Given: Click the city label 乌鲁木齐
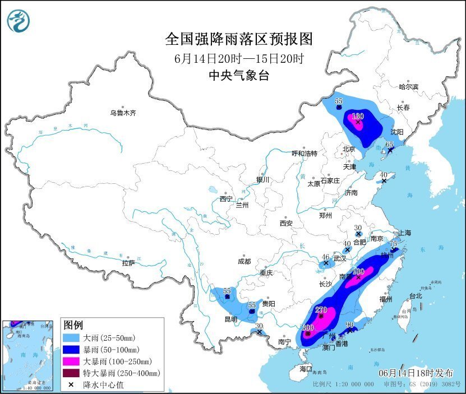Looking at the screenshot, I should point(123,113).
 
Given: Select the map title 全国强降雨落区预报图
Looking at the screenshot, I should point(238,39).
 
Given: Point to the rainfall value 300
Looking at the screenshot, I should point(308,327).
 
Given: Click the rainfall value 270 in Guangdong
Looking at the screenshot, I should point(321,309).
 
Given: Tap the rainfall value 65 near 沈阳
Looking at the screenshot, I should point(390,145).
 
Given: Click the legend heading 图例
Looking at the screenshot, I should point(73,325).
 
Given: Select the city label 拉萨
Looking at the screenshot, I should point(128,263).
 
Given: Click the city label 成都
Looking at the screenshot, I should point(244,261).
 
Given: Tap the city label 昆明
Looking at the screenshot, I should point(230,319).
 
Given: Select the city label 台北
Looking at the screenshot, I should point(415,295).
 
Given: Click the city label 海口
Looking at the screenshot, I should point(305,369).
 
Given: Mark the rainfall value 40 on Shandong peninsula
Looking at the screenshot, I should point(384,175).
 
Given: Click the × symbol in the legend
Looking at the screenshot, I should point(72,384).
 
